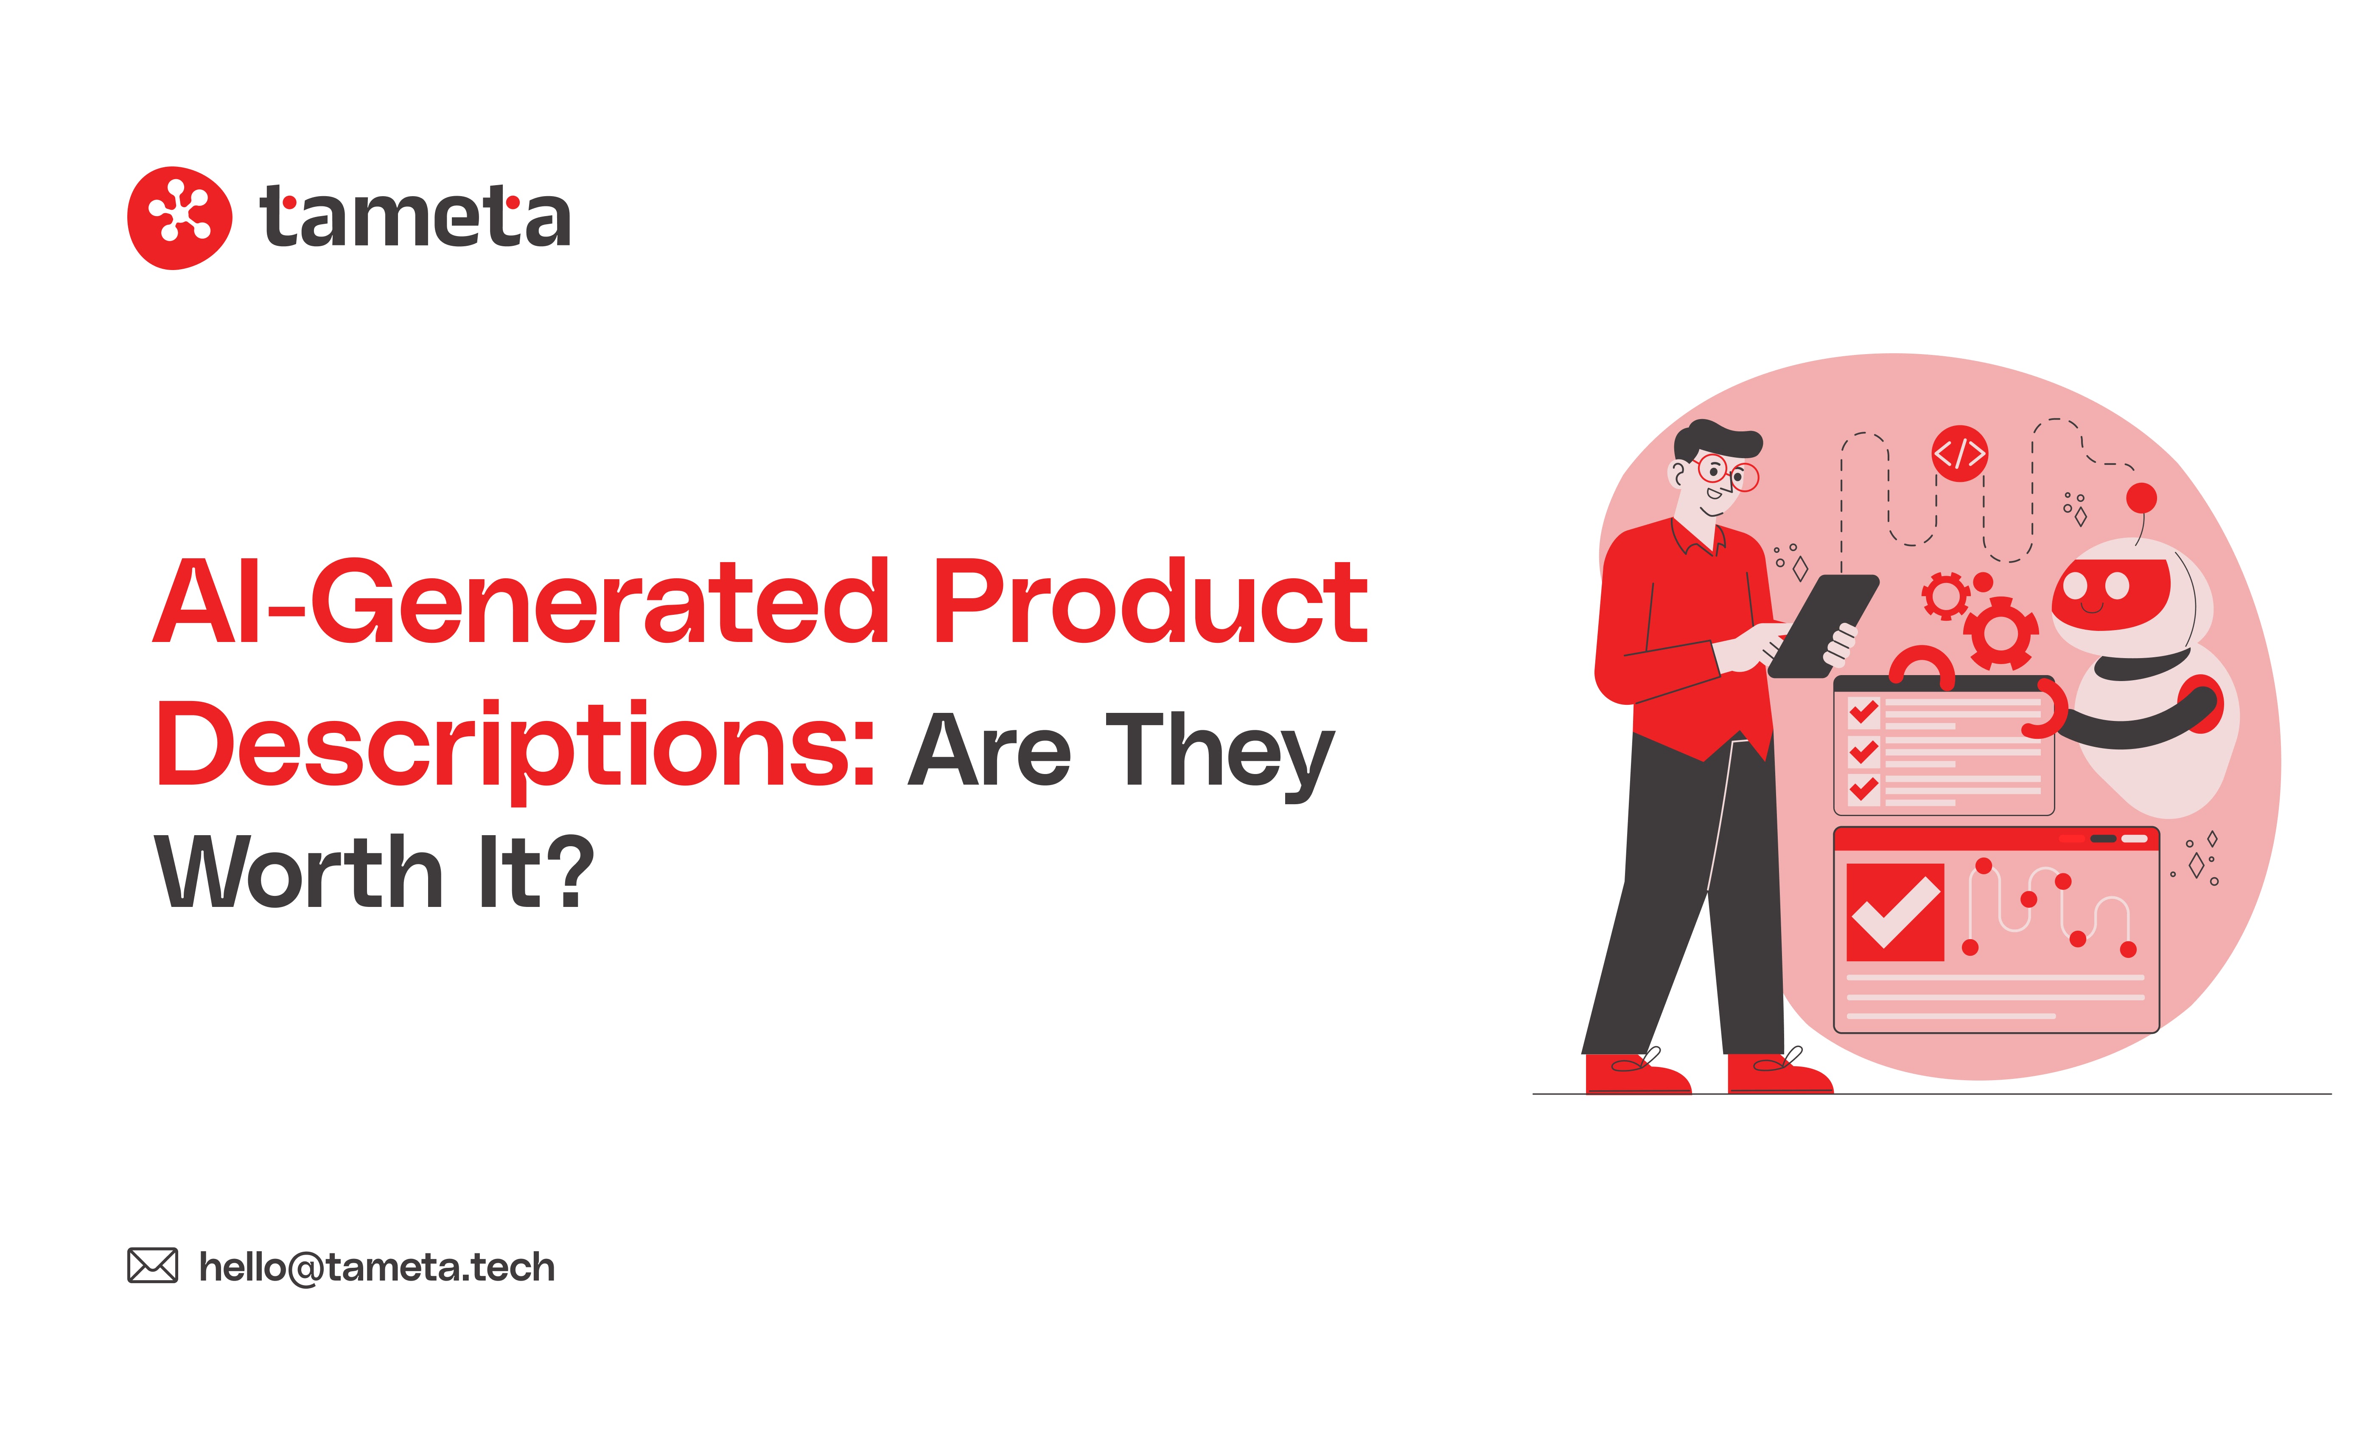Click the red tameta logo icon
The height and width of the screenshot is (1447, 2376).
tap(179, 218)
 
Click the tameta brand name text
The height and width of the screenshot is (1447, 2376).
tap(415, 218)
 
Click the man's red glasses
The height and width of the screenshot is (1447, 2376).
tap(1726, 473)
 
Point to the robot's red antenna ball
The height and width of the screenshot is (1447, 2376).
tap(2141, 498)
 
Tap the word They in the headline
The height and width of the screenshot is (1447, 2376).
tap(1220, 752)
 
